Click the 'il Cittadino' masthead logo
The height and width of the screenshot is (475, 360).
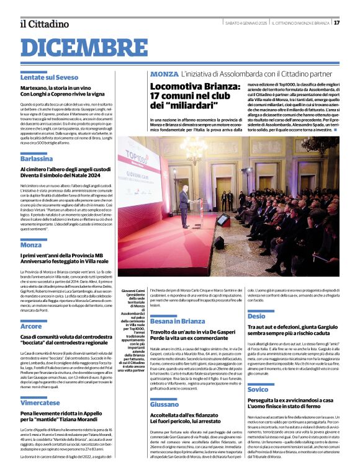point(44,24)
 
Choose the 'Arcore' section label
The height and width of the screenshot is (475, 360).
point(31,326)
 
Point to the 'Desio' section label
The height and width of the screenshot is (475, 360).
point(256,316)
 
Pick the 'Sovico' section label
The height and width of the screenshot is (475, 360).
point(258,371)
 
